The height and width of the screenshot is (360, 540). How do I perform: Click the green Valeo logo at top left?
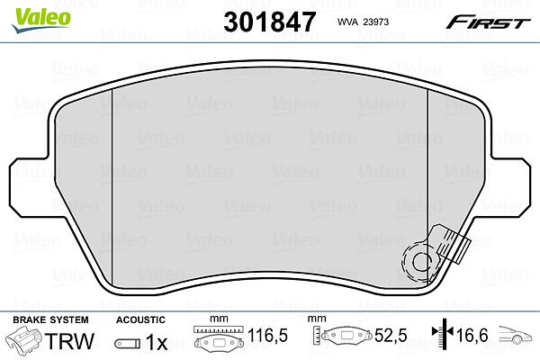pyautogui.click(x=40, y=20)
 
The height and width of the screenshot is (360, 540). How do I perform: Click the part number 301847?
pyautogui.click(x=270, y=22)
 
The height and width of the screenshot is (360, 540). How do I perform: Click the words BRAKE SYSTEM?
pyautogui.click(x=50, y=319)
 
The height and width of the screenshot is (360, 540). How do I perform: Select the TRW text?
pyautogui.click(x=69, y=341)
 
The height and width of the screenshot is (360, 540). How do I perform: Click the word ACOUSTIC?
pyautogui.click(x=140, y=319)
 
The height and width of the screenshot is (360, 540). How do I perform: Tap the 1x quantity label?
pyautogui.click(x=157, y=342)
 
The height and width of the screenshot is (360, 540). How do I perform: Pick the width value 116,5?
pyautogui.click(x=267, y=335)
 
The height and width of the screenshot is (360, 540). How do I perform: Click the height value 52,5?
pyautogui.click(x=391, y=335)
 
